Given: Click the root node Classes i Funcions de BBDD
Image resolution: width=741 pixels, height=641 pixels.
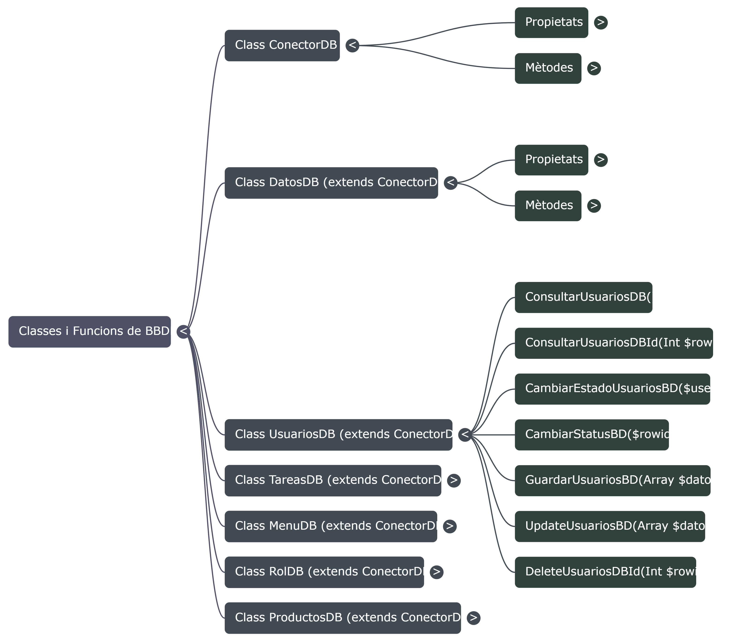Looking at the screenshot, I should [x=90, y=332].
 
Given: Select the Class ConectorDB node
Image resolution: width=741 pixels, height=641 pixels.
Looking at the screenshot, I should [x=282, y=45].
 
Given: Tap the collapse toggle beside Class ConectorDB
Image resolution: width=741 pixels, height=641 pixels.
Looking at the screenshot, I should [x=352, y=45].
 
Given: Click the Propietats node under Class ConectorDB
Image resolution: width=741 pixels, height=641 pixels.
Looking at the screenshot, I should [x=551, y=22].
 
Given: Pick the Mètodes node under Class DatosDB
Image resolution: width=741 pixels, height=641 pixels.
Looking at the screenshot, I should [x=548, y=206].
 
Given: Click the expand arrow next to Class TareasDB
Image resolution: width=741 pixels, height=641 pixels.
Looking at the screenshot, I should [x=454, y=480].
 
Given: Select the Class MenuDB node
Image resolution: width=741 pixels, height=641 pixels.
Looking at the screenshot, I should [x=331, y=526].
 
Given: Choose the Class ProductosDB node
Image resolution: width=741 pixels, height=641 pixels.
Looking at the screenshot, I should [x=342, y=618].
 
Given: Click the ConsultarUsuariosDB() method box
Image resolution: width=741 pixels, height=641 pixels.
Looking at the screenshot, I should [x=584, y=297].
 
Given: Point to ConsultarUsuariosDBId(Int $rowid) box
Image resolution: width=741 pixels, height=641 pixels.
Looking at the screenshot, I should [x=614, y=343].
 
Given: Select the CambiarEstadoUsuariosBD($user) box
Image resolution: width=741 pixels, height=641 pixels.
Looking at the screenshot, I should [x=612, y=389].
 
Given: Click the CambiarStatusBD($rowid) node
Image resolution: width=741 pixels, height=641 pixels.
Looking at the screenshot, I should [x=591, y=435].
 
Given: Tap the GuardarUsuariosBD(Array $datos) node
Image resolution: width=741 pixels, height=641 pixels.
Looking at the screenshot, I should [x=612, y=480].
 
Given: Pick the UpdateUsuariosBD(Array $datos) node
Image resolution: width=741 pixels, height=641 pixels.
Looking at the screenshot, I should [x=610, y=526].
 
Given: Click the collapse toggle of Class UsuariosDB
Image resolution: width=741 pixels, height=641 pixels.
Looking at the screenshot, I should [x=465, y=435].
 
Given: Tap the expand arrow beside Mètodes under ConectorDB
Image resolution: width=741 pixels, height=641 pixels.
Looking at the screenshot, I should [x=594, y=68].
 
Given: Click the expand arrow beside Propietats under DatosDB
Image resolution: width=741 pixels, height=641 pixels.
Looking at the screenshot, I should [x=601, y=160].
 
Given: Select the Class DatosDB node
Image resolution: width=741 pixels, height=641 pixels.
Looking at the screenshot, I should [x=331, y=183].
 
